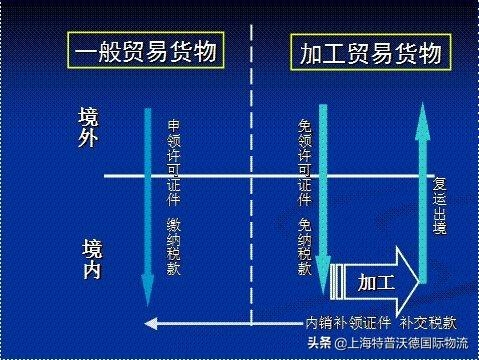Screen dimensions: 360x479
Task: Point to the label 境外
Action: point(88,128)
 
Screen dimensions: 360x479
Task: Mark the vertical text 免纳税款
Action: point(305,244)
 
